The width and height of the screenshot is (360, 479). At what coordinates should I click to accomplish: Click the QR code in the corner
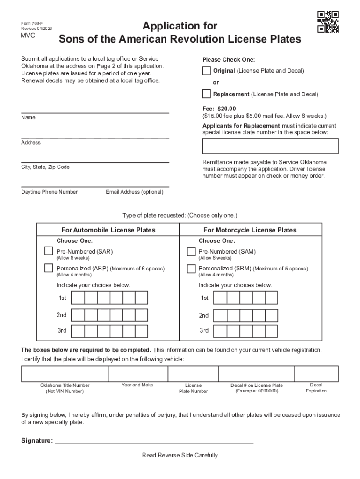[x=328, y=22]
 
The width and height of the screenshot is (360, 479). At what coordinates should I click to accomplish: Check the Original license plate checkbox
[x=206, y=71]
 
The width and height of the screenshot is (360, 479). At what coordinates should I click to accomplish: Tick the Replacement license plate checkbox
[x=206, y=94]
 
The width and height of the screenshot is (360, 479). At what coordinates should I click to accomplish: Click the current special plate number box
[x=270, y=146]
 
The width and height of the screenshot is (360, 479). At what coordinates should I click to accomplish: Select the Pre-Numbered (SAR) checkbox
[x=49, y=251]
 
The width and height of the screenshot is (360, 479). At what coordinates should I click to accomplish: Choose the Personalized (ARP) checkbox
[x=49, y=269]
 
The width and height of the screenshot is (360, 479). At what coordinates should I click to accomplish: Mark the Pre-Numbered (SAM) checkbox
[x=191, y=252]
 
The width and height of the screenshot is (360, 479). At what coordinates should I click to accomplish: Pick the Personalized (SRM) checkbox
[x=191, y=269]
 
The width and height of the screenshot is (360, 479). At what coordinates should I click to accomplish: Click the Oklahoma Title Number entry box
[x=65, y=374]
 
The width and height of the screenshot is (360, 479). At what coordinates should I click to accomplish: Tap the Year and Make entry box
[x=138, y=374]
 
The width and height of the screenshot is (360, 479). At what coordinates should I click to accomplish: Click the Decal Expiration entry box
[x=316, y=374]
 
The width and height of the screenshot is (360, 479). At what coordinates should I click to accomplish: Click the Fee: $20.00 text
[x=219, y=109]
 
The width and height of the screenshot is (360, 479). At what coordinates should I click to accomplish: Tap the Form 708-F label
[x=31, y=23]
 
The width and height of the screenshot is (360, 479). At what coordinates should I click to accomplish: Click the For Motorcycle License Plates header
[x=250, y=230]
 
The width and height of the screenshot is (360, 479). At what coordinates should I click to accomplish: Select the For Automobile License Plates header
[x=108, y=230]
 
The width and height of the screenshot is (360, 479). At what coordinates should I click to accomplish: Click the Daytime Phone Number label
[x=49, y=192]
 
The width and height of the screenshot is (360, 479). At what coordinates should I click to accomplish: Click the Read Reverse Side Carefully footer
[x=180, y=455]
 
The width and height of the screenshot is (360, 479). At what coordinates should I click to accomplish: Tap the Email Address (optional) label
[x=135, y=192]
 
